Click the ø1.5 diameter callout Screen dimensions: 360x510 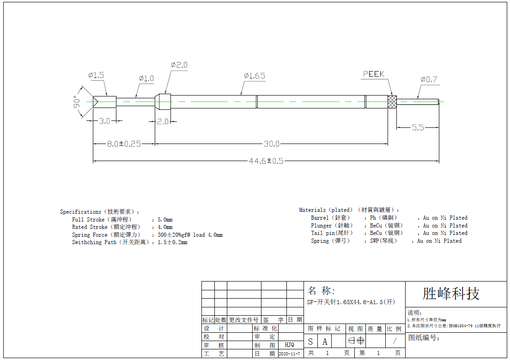[96, 75]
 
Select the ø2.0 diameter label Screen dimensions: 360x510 [179, 66]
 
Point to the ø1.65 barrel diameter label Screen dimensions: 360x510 [255, 76]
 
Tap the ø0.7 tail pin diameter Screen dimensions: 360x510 [429, 79]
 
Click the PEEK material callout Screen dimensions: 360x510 [373, 74]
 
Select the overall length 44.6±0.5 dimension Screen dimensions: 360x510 [266, 161]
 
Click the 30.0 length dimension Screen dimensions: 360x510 [271, 144]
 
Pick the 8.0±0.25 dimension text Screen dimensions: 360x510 [124, 144]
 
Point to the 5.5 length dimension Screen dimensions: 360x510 [418, 128]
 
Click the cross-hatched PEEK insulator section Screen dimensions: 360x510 [392, 102]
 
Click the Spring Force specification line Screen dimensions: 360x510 [147, 235]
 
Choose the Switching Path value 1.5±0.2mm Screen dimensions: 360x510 [172, 242]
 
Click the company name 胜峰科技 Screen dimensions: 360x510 [451, 294]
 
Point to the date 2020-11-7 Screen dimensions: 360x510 [290, 354]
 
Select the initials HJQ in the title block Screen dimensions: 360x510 [289, 345]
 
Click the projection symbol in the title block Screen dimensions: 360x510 [356, 341]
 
